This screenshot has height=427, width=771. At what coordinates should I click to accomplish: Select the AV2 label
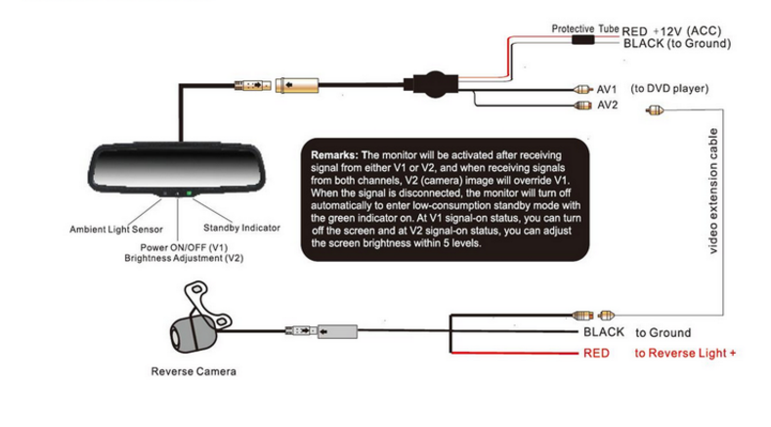(608, 105)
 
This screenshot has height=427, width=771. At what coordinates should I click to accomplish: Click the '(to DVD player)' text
(669, 89)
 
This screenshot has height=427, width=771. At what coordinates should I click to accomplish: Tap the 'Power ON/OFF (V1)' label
(184, 247)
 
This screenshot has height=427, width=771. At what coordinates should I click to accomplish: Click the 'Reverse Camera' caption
(193, 371)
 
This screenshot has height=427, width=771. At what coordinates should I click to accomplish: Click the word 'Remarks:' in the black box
(335, 155)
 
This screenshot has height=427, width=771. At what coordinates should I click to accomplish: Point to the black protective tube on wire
(584, 43)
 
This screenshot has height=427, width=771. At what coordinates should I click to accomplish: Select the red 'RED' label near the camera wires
(596, 353)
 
